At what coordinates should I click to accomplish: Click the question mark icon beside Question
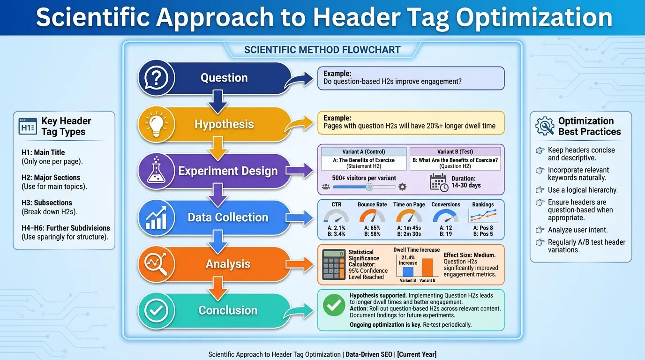[156, 78]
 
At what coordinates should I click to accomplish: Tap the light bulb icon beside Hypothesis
[156, 124]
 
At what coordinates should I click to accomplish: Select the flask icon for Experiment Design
[156, 171]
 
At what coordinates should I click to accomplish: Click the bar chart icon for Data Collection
[156, 217]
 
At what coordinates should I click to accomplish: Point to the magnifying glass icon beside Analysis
[156, 264]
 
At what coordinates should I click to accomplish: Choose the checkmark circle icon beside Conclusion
[156, 310]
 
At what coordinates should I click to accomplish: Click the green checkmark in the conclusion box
[334, 306]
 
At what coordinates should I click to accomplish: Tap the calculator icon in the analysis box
[333, 265]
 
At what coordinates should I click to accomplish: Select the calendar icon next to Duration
[439, 182]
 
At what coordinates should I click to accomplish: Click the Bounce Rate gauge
[372, 217]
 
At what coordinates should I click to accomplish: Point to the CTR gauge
[336, 217]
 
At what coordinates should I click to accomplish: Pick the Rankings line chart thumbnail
[483, 216]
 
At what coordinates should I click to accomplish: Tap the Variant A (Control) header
[363, 151]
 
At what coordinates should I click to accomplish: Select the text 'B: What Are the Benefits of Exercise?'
[455, 160]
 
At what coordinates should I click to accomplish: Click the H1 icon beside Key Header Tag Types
[28, 127]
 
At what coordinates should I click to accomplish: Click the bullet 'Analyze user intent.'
[577, 230]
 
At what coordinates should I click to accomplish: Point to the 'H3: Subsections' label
[47, 202]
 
